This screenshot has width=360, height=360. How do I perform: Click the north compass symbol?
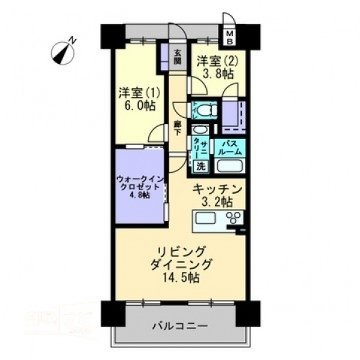pos(64,51)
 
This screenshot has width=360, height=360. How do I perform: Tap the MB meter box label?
pos(231,36)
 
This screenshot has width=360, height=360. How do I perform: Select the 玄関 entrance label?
pos(177,57)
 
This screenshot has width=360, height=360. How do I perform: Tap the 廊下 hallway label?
pos(178,128)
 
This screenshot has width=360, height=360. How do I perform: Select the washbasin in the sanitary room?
pos(198,129)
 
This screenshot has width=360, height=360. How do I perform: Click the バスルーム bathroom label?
pos(229,147)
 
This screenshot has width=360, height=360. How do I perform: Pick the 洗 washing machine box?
pos(200,166)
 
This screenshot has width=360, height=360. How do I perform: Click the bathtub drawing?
pos(228,166)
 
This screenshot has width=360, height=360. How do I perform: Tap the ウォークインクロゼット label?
pos(138,184)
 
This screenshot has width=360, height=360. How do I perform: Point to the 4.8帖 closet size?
pos(138,195)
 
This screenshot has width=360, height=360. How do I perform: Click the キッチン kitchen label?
pos(217,189)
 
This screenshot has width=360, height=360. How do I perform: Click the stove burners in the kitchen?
pos(234,219)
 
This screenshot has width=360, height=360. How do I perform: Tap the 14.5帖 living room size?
pos(180,277)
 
